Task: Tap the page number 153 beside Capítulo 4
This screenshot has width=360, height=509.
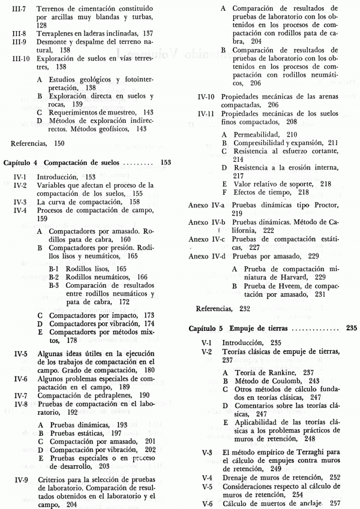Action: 166,162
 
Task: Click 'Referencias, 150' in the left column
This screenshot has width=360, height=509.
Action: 35,144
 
